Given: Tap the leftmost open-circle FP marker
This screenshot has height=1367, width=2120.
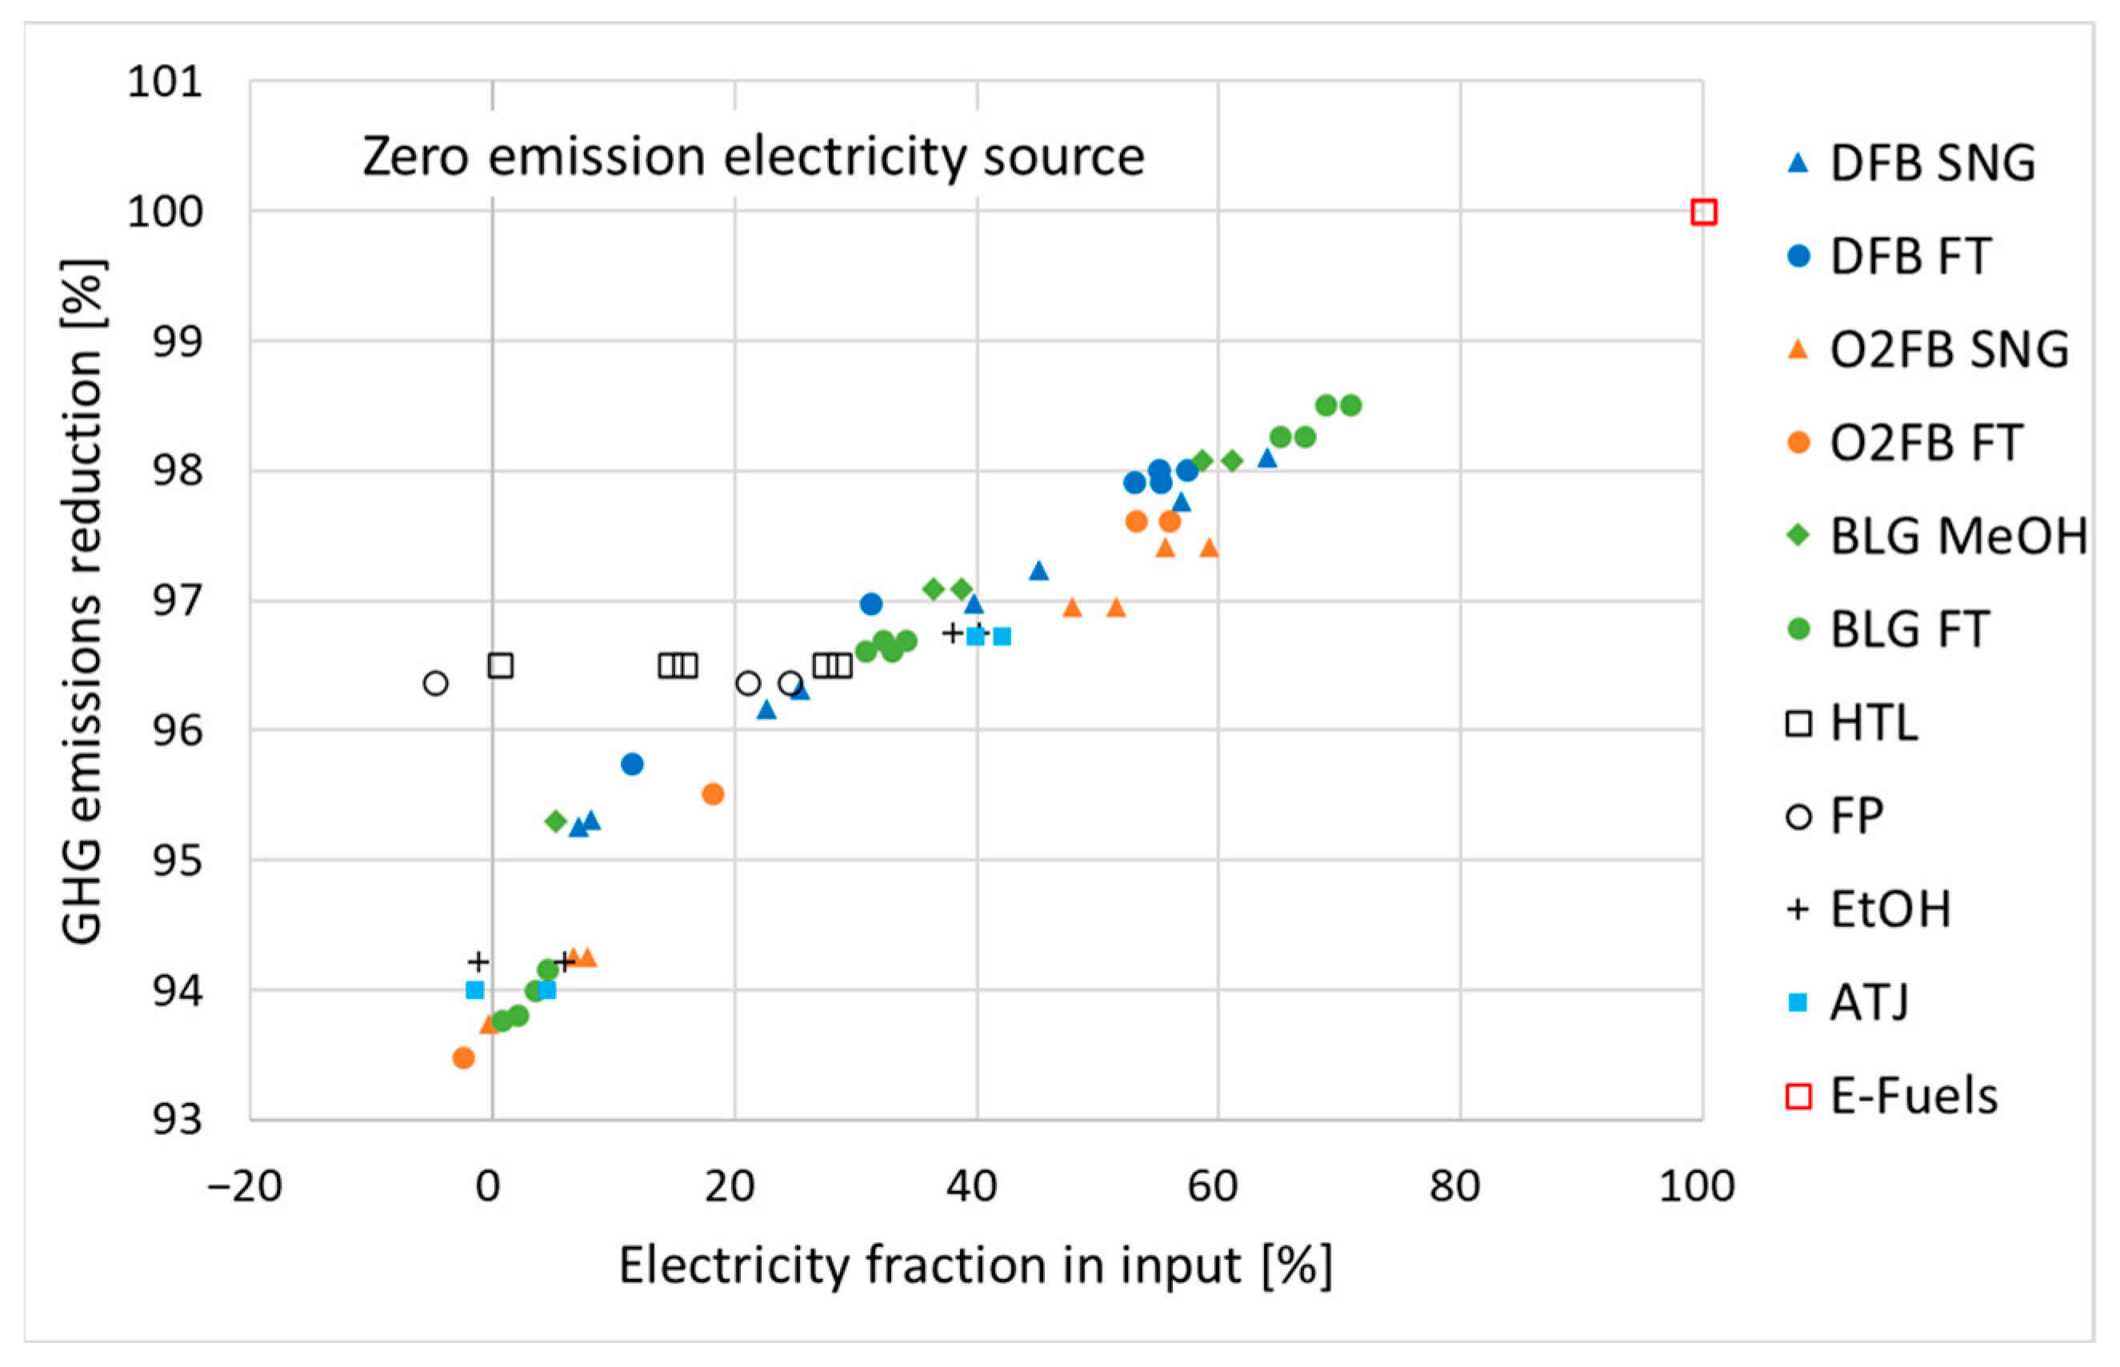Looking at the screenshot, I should coord(435,683).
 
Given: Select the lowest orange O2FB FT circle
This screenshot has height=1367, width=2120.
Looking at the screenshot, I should coord(463,1057).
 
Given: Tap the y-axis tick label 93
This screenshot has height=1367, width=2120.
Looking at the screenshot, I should coord(178,1120).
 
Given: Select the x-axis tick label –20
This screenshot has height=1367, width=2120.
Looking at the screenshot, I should coord(245,1186).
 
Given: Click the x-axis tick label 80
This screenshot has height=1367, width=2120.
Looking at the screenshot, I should coord(1454,1186).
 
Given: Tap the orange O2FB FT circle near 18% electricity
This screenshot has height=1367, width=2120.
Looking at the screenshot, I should coord(713,793).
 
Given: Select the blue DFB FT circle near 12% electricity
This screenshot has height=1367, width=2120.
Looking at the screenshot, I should coord(632,764).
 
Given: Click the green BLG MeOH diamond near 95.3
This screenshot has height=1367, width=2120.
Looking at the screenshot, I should coord(556,821).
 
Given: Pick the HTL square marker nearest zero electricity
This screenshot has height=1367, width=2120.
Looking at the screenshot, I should coord(501,666).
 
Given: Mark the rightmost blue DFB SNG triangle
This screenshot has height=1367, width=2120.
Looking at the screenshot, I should coord(1267,458).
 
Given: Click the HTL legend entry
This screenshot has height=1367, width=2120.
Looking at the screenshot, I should coord(1873,722).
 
